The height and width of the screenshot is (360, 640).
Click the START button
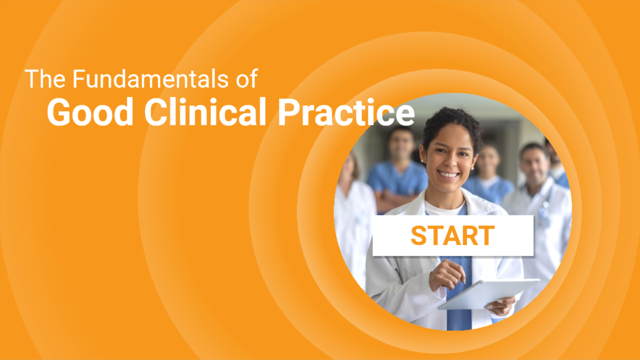pos(453,236)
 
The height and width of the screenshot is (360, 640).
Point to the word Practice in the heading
pos(345,112)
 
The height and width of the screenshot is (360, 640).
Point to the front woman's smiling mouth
pos(448,174)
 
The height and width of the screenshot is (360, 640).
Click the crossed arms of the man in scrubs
pos(391,200)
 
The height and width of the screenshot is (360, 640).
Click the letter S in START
pos(419,236)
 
